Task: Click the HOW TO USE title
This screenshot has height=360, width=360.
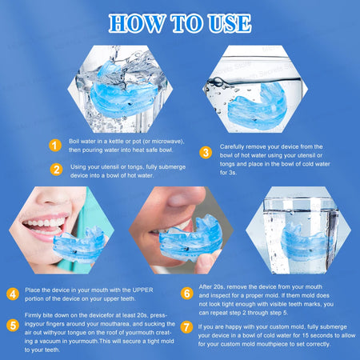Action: click(x=180, y=22)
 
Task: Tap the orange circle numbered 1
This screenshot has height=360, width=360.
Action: click(x=55, y=145)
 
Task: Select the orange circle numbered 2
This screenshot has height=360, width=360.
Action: click(x=55, y=169)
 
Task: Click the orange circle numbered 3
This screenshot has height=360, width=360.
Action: click(x=206, y=152)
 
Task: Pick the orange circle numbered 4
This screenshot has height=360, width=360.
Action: click(x=14, y=294)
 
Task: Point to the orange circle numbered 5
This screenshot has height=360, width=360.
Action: click(x=14, y=325)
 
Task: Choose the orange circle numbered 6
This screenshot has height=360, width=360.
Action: click(x=186, y=294)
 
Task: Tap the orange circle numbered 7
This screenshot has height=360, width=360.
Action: click(x=186, y=326)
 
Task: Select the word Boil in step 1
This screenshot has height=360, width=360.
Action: click(x=76, y=140)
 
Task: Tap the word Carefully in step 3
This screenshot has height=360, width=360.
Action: click(x=232, y=146)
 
